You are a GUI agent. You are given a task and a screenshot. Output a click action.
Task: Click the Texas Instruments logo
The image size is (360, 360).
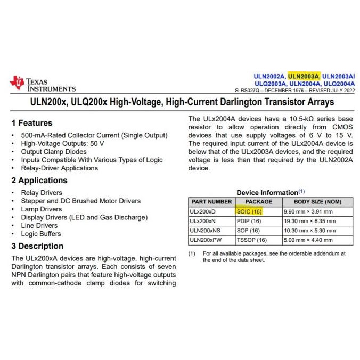click(x=43, y=84)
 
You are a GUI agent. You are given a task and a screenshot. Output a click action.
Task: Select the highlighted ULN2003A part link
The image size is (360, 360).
click(x=304, y=76)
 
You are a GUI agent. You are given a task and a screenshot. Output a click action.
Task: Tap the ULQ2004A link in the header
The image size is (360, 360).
click(x=338, y=84)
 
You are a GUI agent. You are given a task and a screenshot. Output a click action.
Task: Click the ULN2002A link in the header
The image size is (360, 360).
click(x=270, y=76)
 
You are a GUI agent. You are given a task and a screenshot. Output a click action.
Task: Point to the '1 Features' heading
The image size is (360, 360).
click(x=32, y=123)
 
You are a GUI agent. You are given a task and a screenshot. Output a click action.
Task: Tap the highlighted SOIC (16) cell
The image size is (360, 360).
click(x=249, y=211)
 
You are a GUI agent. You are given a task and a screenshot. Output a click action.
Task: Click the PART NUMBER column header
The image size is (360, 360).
click(x=211, y=202)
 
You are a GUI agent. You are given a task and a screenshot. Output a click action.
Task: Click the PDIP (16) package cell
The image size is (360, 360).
click(x=248, y=221)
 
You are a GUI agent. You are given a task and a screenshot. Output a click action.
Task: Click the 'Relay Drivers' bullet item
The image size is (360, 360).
click(x=42, y=193)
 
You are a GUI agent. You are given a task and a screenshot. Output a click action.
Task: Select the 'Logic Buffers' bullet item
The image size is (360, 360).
click(x=42, y=234)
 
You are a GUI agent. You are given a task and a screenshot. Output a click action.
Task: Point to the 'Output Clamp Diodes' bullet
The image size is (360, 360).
click(x=53, y=152)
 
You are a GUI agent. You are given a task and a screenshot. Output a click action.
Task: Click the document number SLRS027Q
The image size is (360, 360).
click(x=249, y=91)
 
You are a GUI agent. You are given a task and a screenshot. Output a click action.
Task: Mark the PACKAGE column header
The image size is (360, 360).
click(x=258, y=202)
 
